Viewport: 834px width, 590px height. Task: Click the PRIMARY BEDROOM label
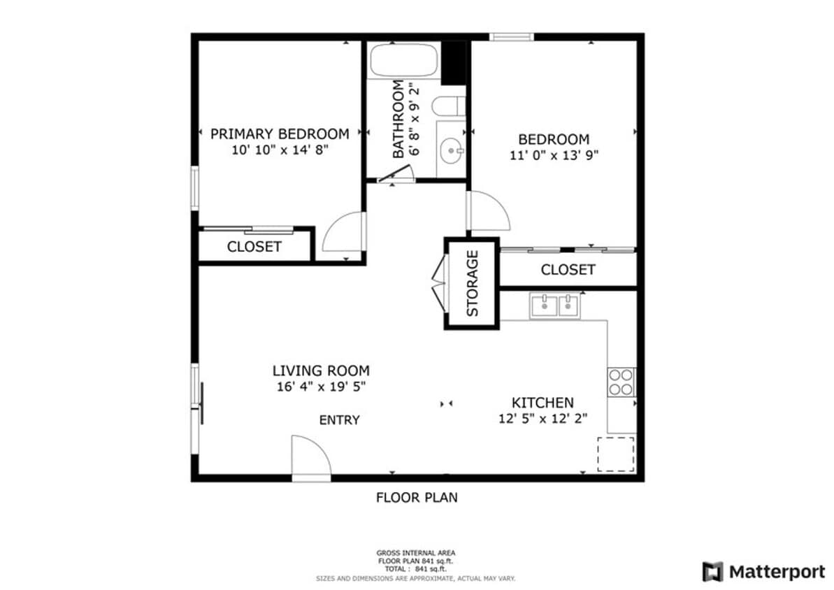tap(279, 134)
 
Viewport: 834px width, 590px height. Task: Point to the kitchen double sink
tap(555, 305)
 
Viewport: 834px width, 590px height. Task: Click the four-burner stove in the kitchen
tap(621, 382)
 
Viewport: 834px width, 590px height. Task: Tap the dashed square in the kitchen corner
tap(615, 454)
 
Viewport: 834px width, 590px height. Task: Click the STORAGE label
tap(473, 283)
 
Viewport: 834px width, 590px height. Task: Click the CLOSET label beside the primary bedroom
tap(254, 247)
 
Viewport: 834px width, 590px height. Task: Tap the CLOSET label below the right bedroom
tap(568, 270)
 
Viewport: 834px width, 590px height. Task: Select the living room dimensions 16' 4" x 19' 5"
tap(321, 387)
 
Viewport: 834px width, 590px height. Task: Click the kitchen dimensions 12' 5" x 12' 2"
tap(542, 418)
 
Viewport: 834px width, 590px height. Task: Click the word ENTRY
tap(339, 420)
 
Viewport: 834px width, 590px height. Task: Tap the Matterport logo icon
tap(712, 571)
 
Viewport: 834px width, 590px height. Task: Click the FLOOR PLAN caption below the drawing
tap(417, 498)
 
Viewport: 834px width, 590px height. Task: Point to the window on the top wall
tap(511, 36)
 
